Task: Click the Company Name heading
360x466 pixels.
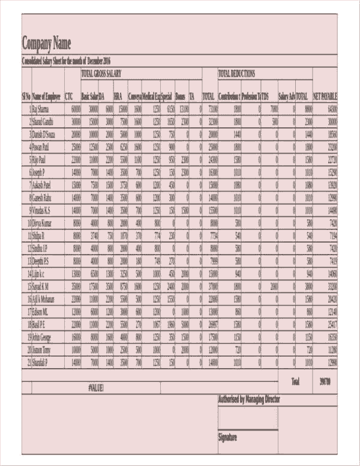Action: click(x=46, y=43)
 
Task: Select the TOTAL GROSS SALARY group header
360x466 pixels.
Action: click(x=101, y=73)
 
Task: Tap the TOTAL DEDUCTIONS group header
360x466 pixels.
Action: click(x=236, y=73)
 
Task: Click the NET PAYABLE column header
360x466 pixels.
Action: click(x=325, y=96)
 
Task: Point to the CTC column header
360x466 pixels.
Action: click(x=69, y=96)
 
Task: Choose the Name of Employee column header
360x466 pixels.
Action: click(x=46, y=96)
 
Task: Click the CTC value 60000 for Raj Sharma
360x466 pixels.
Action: click(x=76, y=109)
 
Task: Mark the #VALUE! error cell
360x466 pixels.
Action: click(x=96, y=388)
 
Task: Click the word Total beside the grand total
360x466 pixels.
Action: click(x=295, y=381)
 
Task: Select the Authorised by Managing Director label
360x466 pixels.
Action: click(x=248, y=399)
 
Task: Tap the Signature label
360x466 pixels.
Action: click(x=227, y=437)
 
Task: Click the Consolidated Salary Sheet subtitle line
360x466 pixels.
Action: click(x=67, y=61)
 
